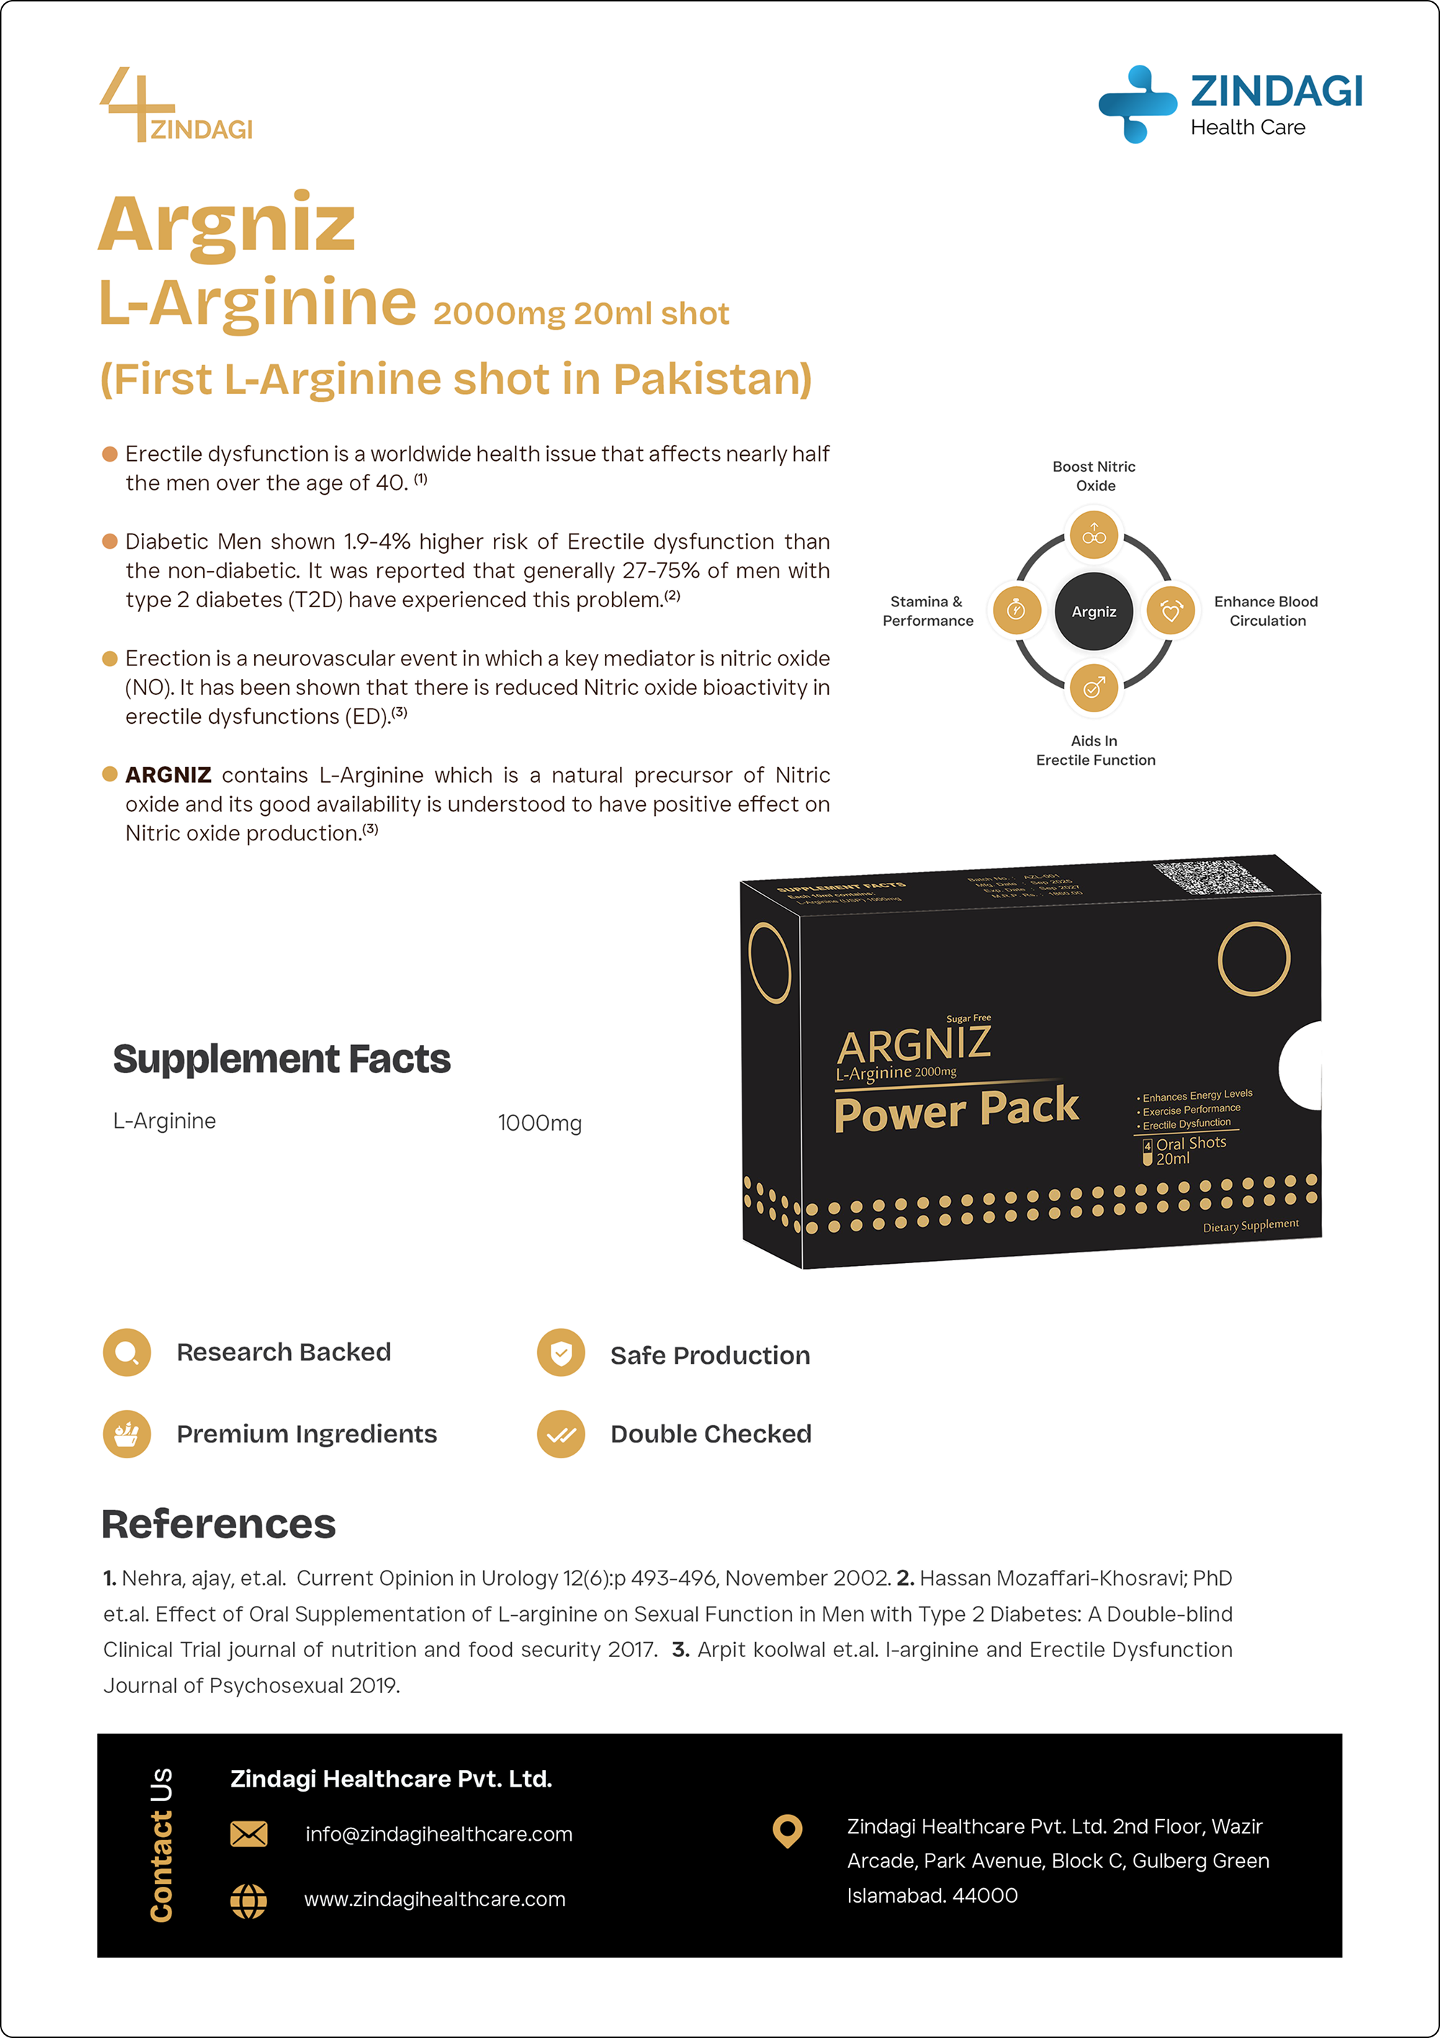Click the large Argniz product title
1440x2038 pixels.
click(x=227, y=225)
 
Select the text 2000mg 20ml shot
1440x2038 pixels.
click(x=580, y=313)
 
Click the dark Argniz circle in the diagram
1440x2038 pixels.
click(x=1093, y=611)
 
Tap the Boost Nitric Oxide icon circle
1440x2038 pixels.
click(x=1093, y=535)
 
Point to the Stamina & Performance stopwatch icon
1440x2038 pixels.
click(x=1017, y=611)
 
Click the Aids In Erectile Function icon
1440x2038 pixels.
click(x=1093, y=688)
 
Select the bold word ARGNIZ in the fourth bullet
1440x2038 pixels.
click(x=168, y=775)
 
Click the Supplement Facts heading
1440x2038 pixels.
click(x=282, y=1059)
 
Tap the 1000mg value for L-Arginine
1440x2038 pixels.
click(x=539, y=1123)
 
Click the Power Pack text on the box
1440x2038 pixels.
click(x=955, y=1110)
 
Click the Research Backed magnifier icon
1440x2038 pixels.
click(x=127, y=1352)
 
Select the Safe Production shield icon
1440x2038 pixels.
click(x=561, y=1354)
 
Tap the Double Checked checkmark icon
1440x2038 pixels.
click(x=561, y=1435)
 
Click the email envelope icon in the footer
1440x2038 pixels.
click(x=248, y=1834)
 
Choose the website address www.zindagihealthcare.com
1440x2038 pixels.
click(x=435, y=1900)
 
